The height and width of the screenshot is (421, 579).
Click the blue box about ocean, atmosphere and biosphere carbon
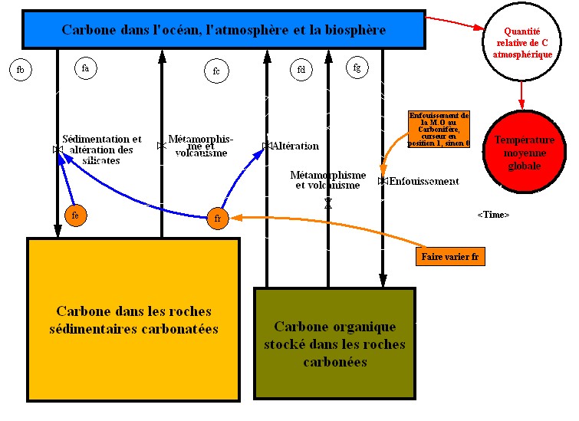tap(223, 30)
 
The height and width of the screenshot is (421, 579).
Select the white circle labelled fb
tap(21, 71)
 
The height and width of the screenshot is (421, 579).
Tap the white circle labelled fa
tap(85, 68)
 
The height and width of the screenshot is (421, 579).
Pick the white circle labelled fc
tap(216, 72)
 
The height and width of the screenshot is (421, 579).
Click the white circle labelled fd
tap(301, 71)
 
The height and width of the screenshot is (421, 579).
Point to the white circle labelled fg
tap(357, 67)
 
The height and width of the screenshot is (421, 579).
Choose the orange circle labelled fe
tap(75, 216)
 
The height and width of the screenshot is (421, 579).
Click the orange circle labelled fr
tap(218, 219)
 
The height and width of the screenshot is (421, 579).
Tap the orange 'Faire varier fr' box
tap(452, 256)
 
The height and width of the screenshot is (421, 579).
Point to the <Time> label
tap(492, 215)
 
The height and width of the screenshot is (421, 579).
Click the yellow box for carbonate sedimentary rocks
tap(133, 319)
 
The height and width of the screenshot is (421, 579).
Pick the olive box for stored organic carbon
tap(334, 343)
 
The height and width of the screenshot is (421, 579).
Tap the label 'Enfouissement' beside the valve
tap(424, 182)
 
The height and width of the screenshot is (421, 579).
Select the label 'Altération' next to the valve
tap(295, 146)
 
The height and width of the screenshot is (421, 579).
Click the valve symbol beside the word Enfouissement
tap(383, 182)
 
